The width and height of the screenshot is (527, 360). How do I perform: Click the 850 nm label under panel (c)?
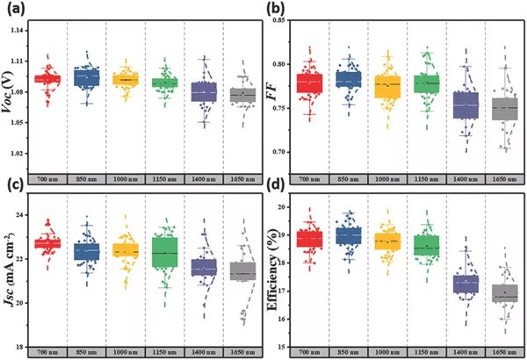tap(86, 352)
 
